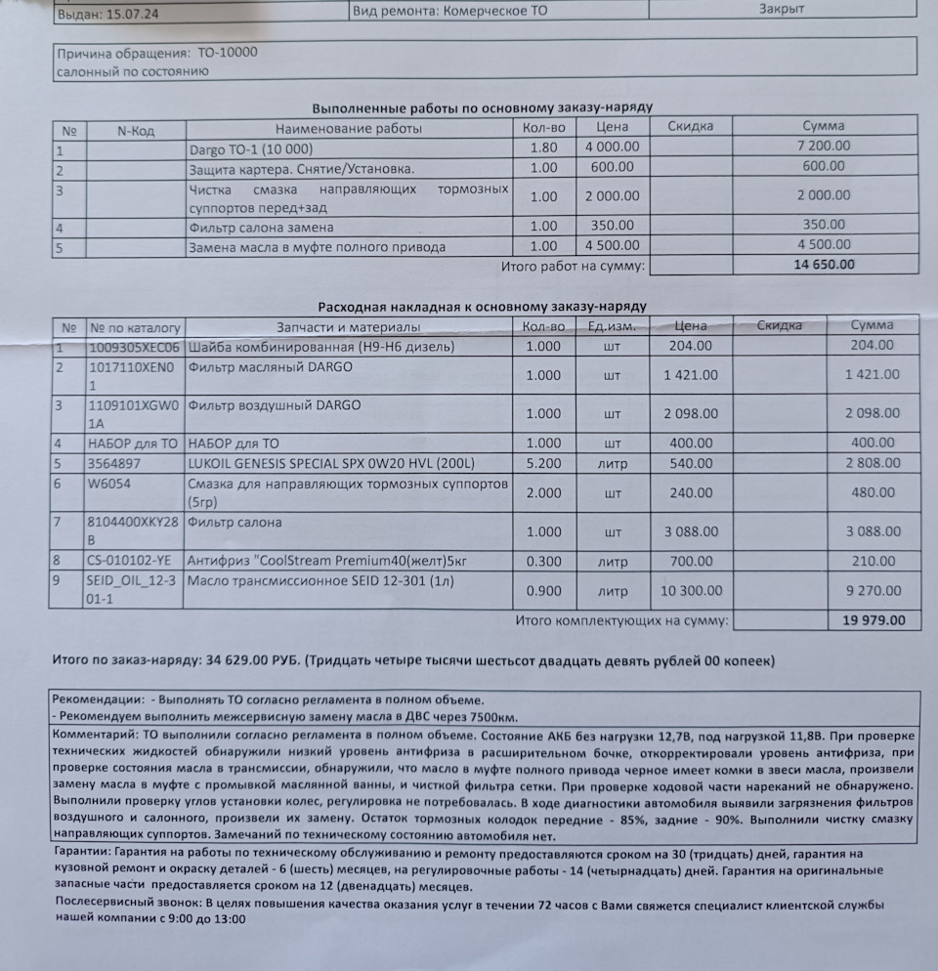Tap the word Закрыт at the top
[x=783, y=9]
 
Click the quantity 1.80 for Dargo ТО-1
[x=543, y=147]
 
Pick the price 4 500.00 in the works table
[x=613, y=246]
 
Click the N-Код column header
[x=136, y=130]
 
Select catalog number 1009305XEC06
[x=134, y=347]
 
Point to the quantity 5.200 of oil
[x=543, y=463]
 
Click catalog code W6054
[x=108, y=483]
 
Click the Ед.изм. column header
[x=613, y=326]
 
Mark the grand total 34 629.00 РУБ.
[x=253, y=661]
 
